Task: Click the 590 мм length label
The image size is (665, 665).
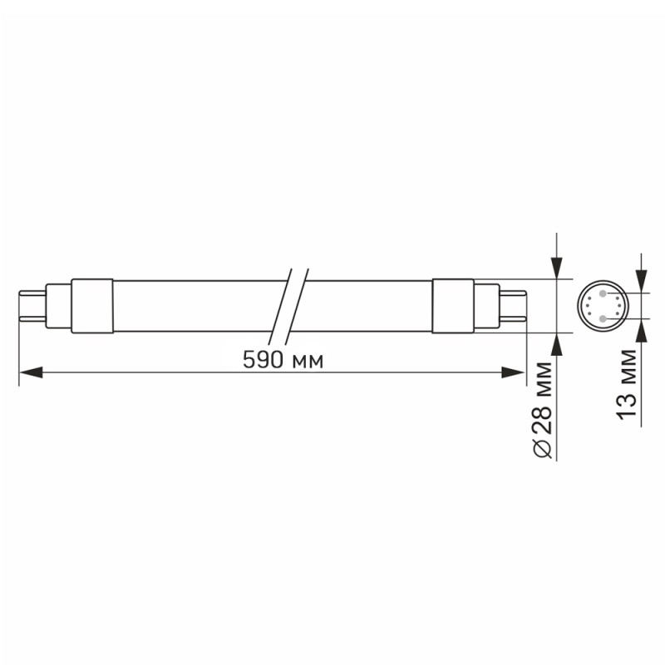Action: [x=282, y=359]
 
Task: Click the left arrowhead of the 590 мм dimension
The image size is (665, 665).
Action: [x=30, y=373]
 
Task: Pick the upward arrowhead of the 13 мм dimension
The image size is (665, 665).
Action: [x=640, y=330]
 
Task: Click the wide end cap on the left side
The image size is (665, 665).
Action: [x=91, y=305]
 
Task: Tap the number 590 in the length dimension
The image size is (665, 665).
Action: [x=264, y=359]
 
